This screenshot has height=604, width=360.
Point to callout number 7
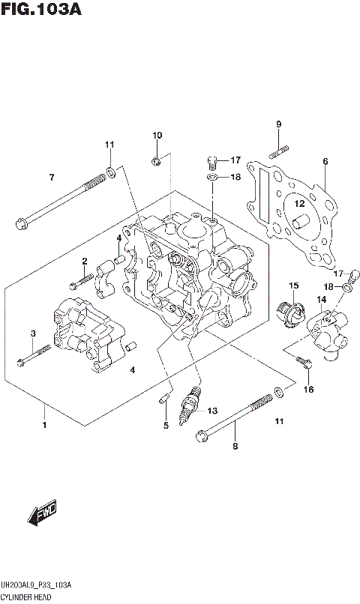(52, 178)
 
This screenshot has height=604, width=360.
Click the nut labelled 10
(157, 160)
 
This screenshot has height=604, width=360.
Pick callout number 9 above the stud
(278, 124)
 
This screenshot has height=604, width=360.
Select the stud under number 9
(278, 151)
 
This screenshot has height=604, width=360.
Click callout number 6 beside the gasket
(325, 161)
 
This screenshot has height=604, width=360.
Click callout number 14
(321, 301)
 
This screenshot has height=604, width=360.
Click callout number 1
(44, 426)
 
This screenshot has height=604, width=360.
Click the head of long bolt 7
(20, 222)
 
